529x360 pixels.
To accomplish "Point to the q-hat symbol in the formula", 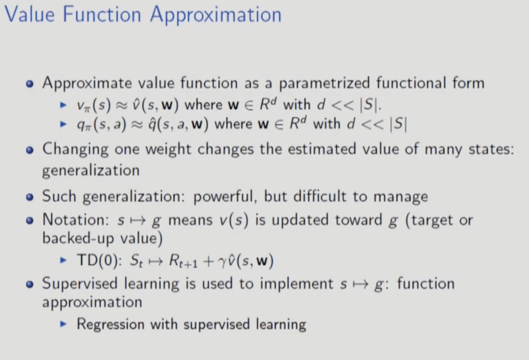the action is coord(153,124).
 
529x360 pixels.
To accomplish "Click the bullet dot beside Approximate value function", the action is coord(29,84).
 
